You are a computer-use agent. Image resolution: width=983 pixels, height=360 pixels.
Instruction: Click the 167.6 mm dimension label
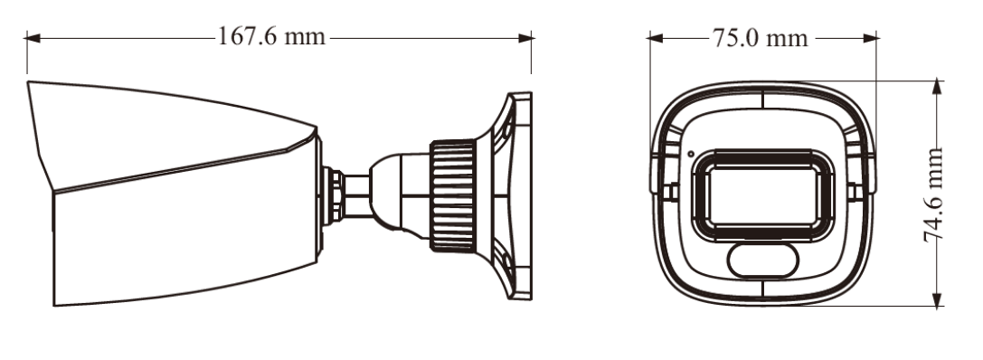271,36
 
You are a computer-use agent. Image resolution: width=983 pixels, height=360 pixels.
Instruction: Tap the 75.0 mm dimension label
761,38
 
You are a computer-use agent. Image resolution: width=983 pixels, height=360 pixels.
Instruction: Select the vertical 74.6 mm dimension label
934,194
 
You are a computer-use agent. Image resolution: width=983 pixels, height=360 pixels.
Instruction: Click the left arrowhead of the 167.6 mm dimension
33,38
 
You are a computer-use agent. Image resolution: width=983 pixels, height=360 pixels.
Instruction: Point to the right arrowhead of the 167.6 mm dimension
525,38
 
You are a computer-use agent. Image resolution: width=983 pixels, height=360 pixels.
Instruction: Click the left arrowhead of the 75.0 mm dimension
655,38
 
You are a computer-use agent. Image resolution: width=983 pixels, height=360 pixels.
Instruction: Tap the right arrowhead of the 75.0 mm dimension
870,38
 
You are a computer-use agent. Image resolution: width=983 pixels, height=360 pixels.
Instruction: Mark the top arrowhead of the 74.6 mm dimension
937,87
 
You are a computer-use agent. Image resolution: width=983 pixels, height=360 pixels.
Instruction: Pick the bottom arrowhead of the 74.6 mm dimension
937,300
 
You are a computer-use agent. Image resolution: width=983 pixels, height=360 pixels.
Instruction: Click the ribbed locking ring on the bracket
453,195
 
